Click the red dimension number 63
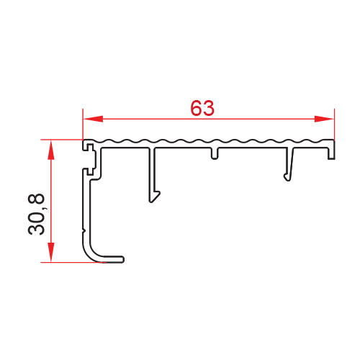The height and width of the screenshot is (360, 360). [x=202, y=108]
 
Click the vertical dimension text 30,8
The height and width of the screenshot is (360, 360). [x=37, y=215]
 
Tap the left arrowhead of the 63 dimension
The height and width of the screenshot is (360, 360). [x=93, y=119]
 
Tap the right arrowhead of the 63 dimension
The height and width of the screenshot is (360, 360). [x=324, y=119]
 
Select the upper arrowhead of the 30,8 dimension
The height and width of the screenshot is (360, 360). [x=51, y=150]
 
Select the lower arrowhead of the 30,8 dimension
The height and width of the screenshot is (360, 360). [x=51, y=252]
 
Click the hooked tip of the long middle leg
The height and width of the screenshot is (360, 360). [x=155, y=197]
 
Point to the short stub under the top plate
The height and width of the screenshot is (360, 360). [x=215, y=153]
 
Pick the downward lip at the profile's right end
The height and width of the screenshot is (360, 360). [x=331, y=153]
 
